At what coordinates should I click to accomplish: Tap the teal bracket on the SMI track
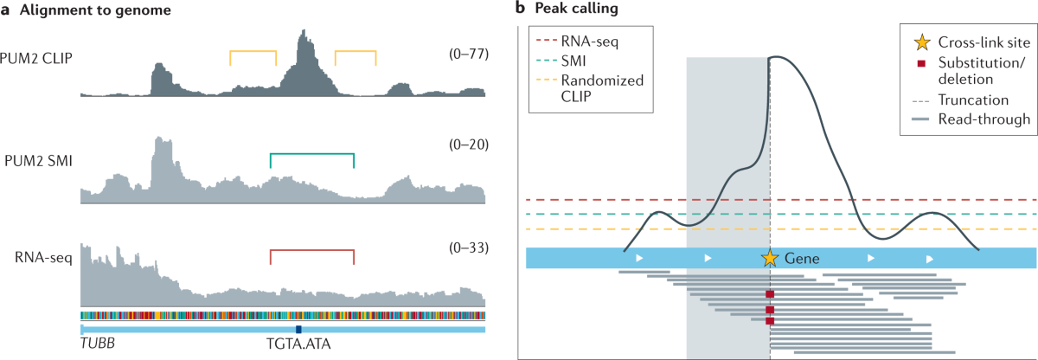tap(312, 155)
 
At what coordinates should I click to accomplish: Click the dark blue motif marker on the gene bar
tap(298, 330)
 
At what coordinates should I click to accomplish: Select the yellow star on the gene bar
tap(769, 258)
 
